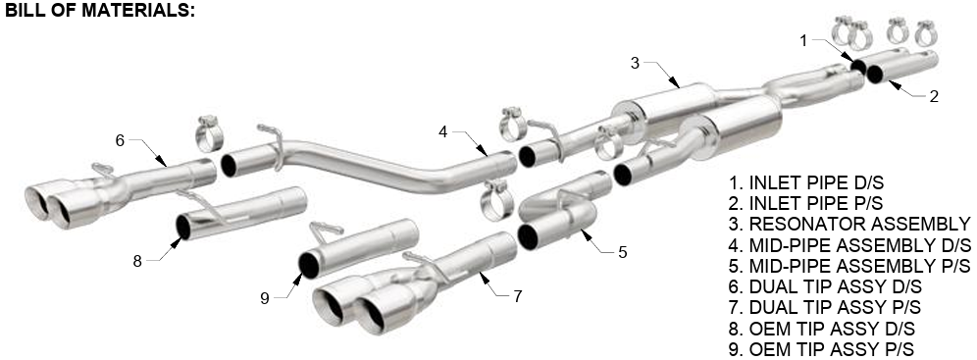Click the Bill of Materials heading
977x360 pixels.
100,11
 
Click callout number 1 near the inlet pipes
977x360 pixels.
803,40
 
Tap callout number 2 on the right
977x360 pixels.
934,96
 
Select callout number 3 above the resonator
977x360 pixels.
635,62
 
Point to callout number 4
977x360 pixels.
443,132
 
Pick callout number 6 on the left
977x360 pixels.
121,140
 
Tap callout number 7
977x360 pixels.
518,296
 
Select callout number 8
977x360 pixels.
137,261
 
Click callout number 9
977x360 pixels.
265,298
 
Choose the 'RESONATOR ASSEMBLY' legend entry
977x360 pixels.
849,224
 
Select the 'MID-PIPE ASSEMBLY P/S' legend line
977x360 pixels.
849,266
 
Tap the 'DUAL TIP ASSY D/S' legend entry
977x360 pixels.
825,287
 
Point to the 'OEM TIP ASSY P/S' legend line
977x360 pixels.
821,349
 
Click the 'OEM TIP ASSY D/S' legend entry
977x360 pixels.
822,329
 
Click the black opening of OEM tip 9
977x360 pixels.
308,265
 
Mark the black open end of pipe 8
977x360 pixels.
183,228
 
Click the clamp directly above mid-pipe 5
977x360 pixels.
497,200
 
